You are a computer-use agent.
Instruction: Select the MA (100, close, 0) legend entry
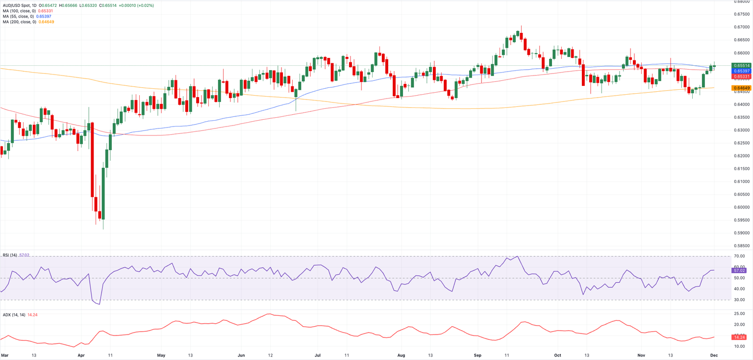click(18, 11)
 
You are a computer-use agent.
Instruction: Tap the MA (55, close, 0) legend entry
click(17, 16)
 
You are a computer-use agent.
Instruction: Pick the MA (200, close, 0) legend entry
click(18, 22)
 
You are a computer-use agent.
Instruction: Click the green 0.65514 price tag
click(740, 66)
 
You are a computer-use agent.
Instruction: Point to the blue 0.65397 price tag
click(740, 71)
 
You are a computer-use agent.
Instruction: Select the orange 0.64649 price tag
click(740, 88)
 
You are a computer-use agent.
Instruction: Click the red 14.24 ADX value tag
click(740, 337)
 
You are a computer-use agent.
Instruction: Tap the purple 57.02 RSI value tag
click(740, 270)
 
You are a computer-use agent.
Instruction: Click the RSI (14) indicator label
click(10, 256)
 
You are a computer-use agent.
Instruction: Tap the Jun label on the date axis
click(241, 354)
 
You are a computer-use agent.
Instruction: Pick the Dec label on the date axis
click(714, 354)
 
